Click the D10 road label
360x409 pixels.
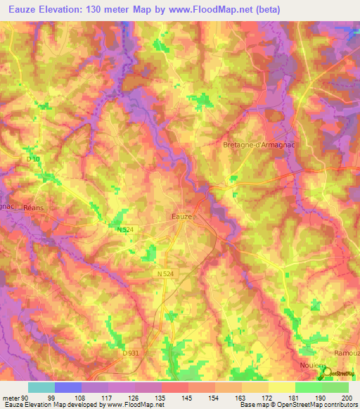pyautogui.click(x=34, y=160)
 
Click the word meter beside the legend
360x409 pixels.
pyautogui.click(x=11, y=398)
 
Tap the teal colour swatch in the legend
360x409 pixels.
pyautogui.click(x=41, y=387)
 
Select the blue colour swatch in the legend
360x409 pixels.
pyautogui.click(x=67, y=387)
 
